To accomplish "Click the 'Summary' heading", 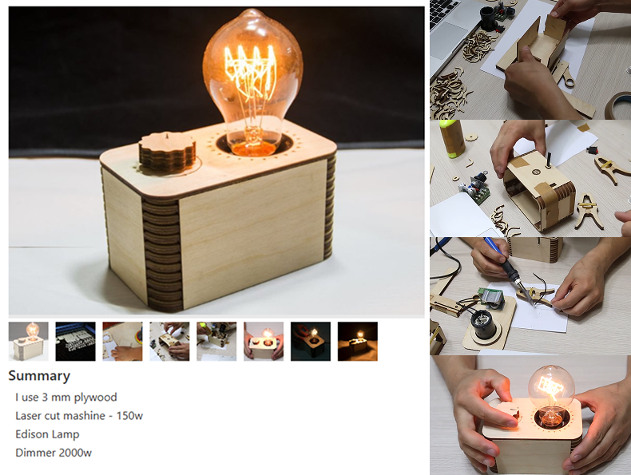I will tap(39, 376).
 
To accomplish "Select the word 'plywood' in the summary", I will tap(97, 397).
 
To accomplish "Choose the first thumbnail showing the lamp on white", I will tap(28, 341).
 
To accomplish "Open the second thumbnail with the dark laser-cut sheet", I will tap(75, 341).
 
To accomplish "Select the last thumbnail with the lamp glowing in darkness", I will tap(358, 341).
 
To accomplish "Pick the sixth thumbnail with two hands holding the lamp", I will tap(264, 341).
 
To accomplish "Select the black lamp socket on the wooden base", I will tap(484, 324).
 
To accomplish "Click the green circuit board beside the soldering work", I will tap(488, 298).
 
